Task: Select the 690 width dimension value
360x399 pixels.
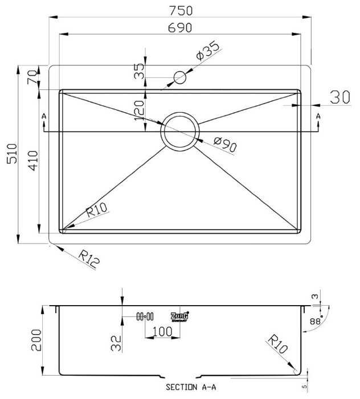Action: (x=180, y=27)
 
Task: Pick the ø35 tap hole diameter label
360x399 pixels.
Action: (x=207, y=52)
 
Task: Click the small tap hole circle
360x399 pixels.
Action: (x=180, y=77)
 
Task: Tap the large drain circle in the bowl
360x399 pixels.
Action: (x=180, y=130)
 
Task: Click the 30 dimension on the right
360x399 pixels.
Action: (x=340, y=97)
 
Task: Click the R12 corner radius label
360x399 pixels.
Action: (x=89, y=260)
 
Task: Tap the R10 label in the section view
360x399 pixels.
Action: (x=278, y=345)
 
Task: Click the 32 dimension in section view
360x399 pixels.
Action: (x=116, y=342)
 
